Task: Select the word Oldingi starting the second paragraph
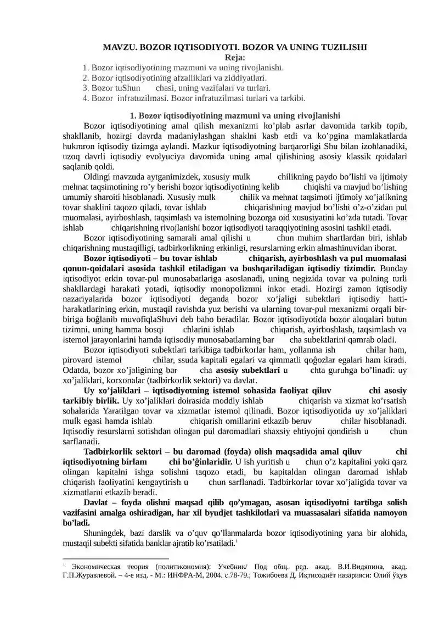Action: [98, 177]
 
